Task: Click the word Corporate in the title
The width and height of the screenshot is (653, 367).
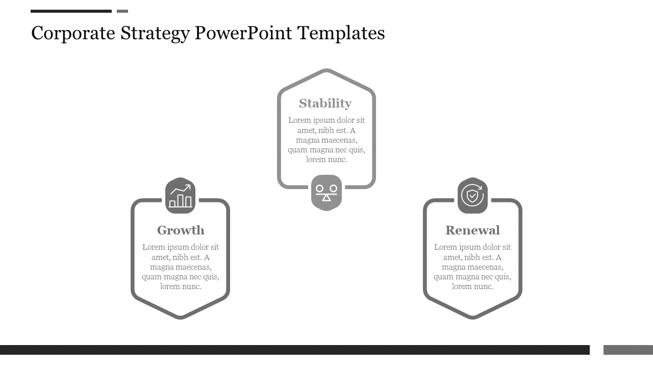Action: click(73, 34)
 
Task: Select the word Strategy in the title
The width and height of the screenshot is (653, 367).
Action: click(155, 34)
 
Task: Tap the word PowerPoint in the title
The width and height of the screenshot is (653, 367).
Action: click(243, 33)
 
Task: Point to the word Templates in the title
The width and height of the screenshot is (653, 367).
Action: click(341, 34)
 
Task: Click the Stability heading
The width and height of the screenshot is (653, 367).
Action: click(325, 103)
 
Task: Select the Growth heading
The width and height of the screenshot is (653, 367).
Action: click(181, 230)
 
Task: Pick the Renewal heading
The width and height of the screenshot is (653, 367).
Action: click(472, 230)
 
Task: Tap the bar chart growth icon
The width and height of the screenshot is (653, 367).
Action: click(181, 195)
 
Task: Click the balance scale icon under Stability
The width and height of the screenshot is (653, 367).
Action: click(326, 193)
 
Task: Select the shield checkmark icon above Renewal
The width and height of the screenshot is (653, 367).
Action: click(472, 195)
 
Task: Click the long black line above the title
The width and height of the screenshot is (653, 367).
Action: click(71, 11)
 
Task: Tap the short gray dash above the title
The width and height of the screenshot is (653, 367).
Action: click(122, 11)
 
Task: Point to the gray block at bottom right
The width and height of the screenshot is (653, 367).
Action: click(628, 350)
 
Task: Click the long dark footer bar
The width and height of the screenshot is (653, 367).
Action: click(295, 350)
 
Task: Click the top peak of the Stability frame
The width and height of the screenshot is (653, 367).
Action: click(326, 70)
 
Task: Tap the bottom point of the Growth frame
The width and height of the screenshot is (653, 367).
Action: click(181, 318)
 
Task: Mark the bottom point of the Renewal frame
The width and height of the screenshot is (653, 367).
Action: click(472, 318)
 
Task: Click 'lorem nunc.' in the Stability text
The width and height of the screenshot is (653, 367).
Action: click(326, 160)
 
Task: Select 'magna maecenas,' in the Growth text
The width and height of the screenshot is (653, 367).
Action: click(181, 267)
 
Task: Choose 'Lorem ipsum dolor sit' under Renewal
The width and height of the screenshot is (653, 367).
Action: click(472, 247)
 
